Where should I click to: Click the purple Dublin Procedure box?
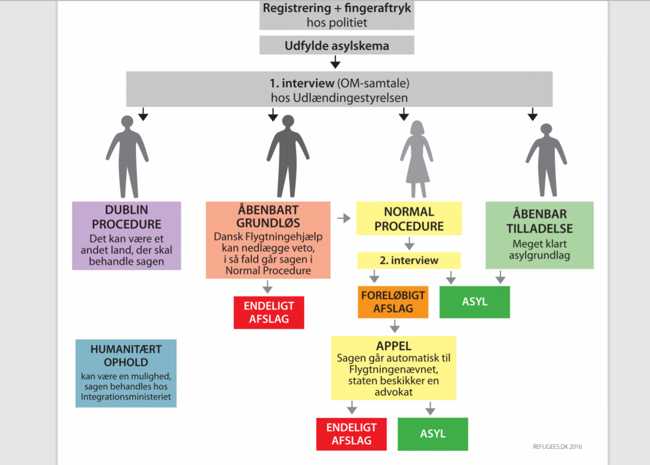126,236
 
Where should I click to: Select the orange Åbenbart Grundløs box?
268,240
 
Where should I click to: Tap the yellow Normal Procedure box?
409,218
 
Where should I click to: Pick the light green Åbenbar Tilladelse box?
539,235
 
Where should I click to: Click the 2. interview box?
409,261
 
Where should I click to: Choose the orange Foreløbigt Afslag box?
393,302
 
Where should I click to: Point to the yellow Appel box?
393,368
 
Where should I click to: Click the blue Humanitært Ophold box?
126,373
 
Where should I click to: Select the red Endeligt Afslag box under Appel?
351,434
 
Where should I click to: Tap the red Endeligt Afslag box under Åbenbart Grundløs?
268,312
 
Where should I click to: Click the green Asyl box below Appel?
433,434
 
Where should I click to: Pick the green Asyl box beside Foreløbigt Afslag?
474,302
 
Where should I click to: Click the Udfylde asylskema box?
336,45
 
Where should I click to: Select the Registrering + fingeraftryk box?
336,15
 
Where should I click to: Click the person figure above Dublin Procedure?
127,156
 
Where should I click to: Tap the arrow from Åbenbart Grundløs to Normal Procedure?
343,218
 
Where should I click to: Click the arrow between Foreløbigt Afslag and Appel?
395,327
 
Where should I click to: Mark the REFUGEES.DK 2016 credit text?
557,447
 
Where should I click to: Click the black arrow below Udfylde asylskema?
335,63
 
